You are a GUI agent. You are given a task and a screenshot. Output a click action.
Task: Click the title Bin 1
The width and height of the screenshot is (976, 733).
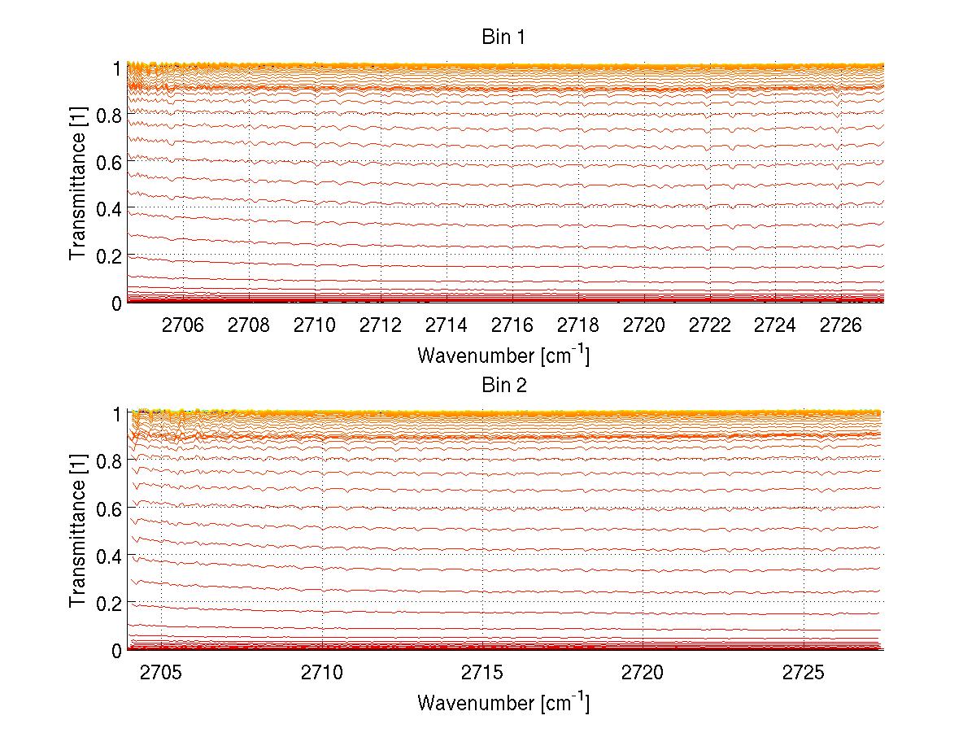[504, 37]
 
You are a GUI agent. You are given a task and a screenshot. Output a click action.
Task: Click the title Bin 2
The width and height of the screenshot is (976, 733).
[504, 386]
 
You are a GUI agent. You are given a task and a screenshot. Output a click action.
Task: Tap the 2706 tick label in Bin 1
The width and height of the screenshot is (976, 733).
[183, 325]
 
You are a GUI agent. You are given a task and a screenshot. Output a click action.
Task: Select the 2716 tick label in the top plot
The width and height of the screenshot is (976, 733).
[512, 325]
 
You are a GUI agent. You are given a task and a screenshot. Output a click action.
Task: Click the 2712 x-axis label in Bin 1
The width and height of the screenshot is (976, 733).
[381, 325]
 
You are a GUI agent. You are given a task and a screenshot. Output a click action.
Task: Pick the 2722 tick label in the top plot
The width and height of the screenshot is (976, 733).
[710, 325]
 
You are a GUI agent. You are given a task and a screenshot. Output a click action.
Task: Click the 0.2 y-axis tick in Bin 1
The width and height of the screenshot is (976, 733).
[109, 256]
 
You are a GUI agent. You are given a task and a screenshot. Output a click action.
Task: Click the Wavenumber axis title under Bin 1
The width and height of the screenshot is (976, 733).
[503, 355]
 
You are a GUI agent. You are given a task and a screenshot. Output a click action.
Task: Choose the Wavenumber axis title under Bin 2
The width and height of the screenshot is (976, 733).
[503, 702]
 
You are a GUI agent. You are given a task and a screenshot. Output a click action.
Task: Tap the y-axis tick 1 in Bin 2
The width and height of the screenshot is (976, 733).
[116, 413]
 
